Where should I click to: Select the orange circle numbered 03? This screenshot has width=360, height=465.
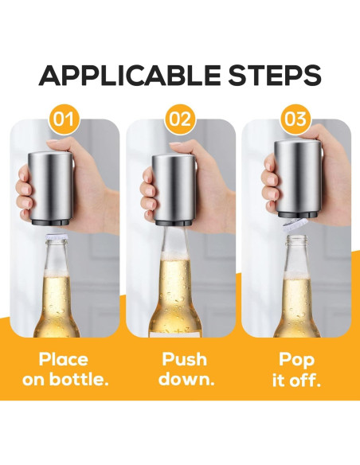(x=295, y=120)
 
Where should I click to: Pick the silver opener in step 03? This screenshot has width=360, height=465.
(x=299, y=178)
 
